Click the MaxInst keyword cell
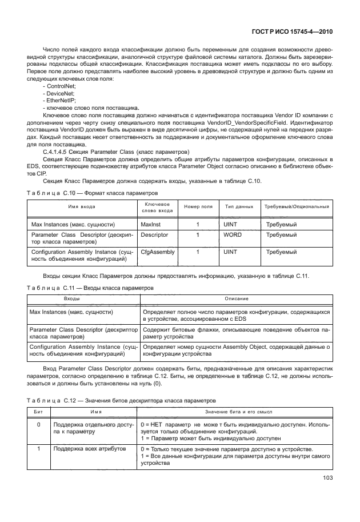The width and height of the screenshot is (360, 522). [x=151, y=225]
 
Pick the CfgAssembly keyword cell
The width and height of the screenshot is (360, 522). [x=158, y=252]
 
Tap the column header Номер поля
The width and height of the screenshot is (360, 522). [x=198, y=206]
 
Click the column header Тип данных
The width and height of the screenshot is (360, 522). [x=239, y=206]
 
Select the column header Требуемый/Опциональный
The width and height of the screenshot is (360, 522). [x=296, y=206]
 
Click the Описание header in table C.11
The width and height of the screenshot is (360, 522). [x=235, y=299]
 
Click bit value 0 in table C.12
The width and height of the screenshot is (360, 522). [x=38, y=425]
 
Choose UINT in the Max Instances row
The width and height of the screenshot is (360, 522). [x=230, y=225]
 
